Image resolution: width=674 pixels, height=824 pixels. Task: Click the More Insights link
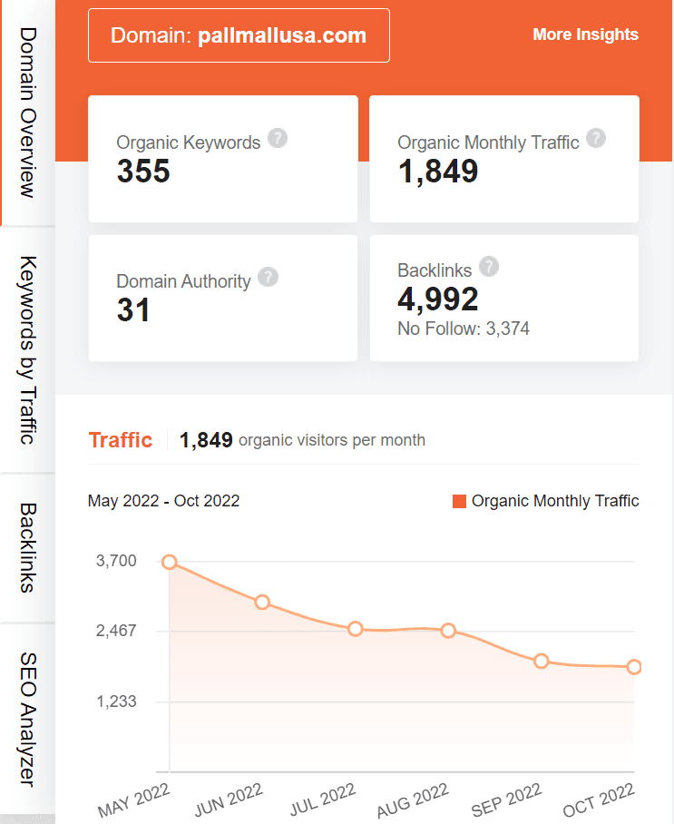point(585,34)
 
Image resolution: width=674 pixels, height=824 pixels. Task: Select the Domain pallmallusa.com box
point(239,35)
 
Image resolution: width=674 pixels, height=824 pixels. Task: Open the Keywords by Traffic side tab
point(28,349)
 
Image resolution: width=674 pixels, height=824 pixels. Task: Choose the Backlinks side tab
point(28,547)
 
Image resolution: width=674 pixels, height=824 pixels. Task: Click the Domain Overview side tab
point(28,113)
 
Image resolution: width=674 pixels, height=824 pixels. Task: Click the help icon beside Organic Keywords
point(278,139)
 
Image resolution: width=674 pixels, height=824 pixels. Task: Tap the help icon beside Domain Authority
point(268,278)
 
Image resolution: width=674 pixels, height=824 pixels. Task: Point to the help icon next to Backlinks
point(489,267)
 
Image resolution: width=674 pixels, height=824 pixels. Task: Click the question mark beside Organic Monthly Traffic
point(596,139)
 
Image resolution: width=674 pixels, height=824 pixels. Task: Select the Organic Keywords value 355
point(143,171)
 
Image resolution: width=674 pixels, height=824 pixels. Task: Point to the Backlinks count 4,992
point(438,299)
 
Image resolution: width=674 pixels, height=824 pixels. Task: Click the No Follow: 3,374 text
point(464,329)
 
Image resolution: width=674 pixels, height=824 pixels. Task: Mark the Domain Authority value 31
point(133,310)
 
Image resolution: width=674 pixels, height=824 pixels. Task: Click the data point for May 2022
point(170,563)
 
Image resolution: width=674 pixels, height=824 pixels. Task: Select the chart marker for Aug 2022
point(448,631)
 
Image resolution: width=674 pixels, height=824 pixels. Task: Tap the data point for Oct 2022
point(634,667)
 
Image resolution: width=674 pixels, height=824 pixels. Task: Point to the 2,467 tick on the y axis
point(116,631)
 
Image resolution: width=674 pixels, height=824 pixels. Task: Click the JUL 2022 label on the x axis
point(321,799)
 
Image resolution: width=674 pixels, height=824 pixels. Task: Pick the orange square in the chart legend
point(459,501)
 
